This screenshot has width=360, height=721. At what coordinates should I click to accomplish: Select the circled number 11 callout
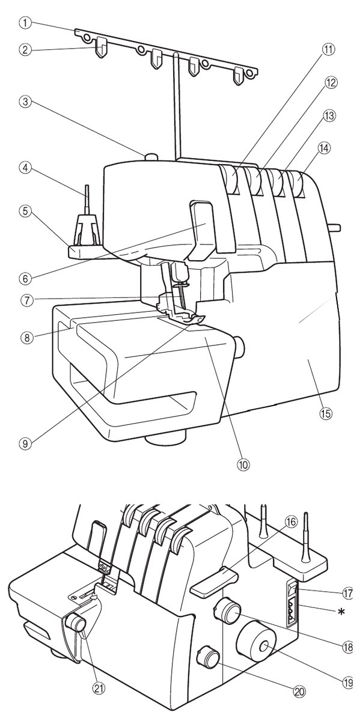tap(329, 50)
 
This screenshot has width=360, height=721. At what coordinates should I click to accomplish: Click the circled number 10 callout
tap(243, 464)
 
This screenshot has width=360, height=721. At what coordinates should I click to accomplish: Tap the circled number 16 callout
tap(290, 522)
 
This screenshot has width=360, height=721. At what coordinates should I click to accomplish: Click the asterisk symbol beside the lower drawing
tap(340, 612)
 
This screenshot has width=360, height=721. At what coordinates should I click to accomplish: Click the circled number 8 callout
tap(28, 338)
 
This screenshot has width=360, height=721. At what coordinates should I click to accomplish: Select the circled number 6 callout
tap(28, 278)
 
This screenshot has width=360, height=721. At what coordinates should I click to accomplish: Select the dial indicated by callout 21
tap(76, 621)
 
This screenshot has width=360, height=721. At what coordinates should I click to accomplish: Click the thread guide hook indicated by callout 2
tap(102, 47)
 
